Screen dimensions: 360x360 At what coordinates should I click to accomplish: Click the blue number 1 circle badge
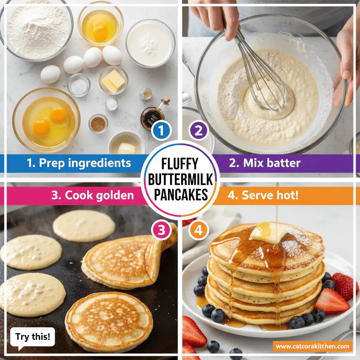pos(161,131)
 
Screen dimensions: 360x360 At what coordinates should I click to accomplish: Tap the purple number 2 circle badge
pos(199,131)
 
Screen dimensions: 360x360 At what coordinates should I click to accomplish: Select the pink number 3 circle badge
pos(161,230)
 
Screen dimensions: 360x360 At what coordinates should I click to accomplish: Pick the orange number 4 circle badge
pos(199,230)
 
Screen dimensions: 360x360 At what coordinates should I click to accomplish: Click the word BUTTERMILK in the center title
pos(180,179)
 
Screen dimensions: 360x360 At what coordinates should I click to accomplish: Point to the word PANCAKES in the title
pos(180,194)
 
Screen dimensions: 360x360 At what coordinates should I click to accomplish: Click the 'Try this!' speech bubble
pos(32,337)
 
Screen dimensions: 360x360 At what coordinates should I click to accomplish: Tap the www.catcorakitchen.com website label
pos(313,346)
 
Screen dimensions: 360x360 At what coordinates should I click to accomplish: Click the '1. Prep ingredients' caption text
pos(79,163)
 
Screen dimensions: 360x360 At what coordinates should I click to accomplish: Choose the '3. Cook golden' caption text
pos(92,195)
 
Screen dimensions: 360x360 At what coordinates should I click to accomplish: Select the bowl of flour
pos(37,28)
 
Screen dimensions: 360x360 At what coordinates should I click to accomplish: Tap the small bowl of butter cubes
pos(113,80)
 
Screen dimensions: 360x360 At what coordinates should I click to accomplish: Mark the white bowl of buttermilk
pos(150,43)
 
